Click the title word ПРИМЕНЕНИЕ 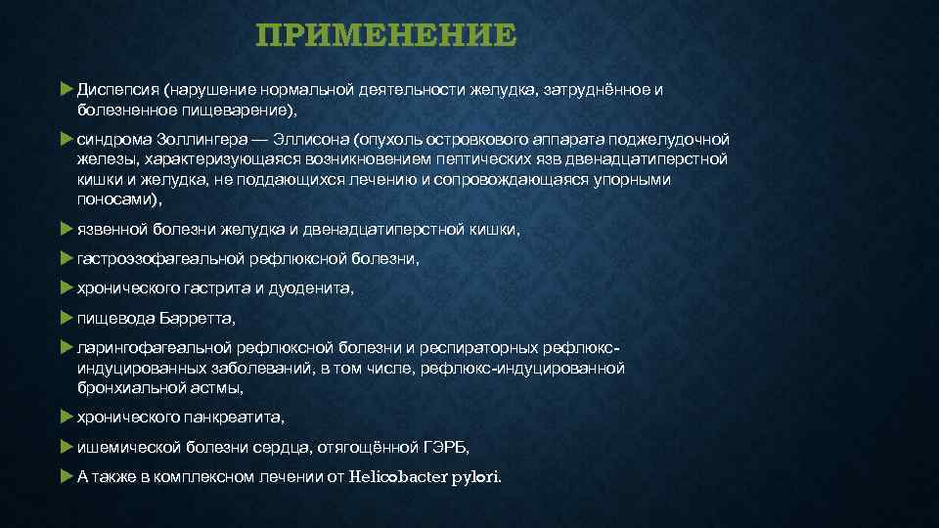385,36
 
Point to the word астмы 218,387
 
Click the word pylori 475,476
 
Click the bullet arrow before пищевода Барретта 66,318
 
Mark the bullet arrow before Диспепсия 66,90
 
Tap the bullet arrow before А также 66,476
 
